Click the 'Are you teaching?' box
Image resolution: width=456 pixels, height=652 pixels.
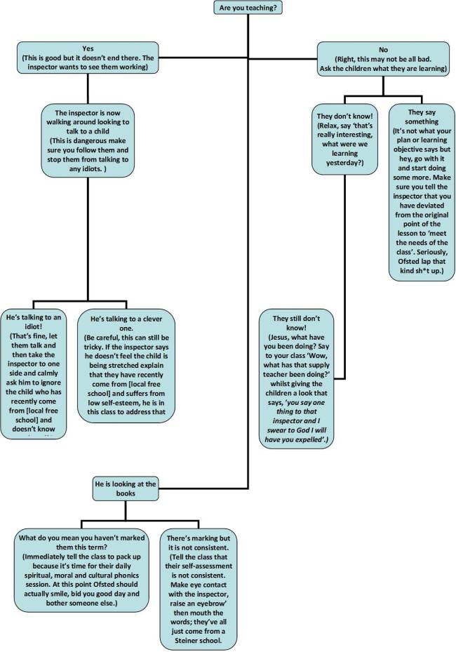(243, 8)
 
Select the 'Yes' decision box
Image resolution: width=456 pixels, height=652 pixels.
(88, 57)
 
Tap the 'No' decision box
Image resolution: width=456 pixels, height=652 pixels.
(382, 55)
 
